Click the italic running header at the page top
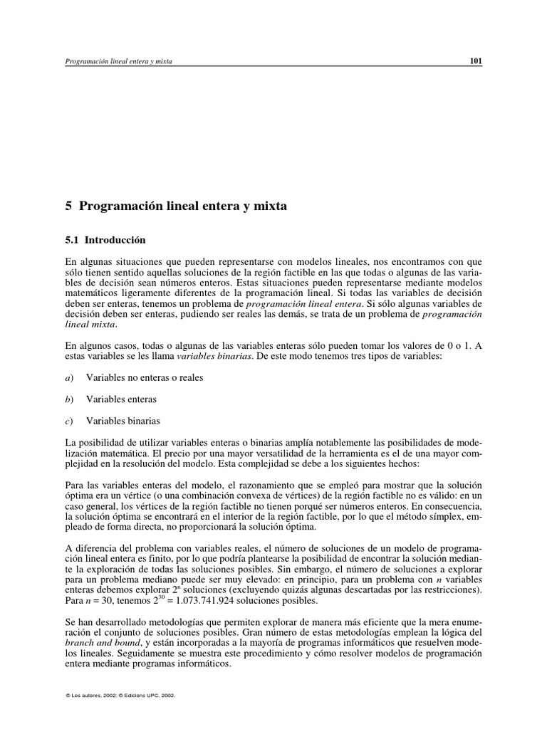(119, 62)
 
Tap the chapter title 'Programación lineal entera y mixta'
(182, 207)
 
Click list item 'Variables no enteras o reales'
(145, 377)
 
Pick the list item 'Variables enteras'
(121, 399)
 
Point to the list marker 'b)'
(69, 399)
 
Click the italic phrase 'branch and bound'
(96, 644)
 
